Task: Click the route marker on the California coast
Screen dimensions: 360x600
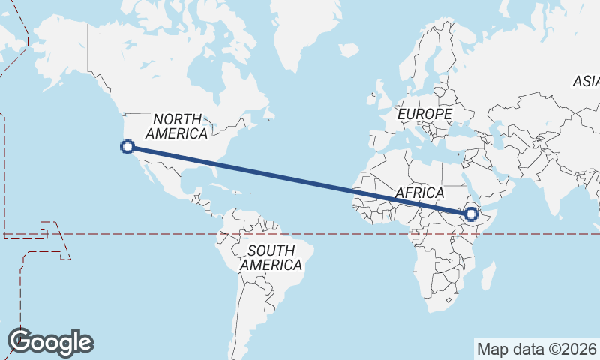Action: coord(127,147)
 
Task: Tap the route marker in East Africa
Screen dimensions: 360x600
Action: coord(471,214)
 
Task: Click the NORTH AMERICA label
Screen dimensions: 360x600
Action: coord(177,127)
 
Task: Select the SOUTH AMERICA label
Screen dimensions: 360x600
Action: coord(271,257)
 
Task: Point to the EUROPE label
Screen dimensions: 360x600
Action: coord(425,114)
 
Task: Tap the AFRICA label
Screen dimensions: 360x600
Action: coord(420,193)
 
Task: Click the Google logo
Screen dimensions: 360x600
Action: coord(50,342)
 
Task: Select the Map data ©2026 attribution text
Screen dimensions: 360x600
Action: coord(536,349)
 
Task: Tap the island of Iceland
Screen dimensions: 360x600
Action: coord(349,49)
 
